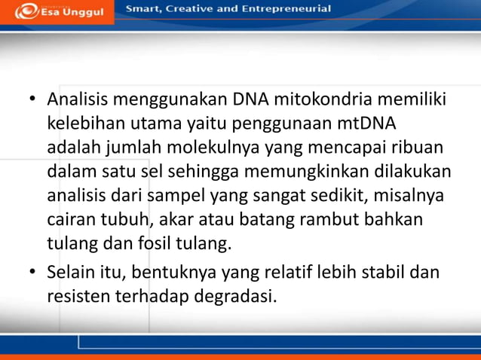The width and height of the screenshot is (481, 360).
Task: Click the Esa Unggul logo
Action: click(57, 11)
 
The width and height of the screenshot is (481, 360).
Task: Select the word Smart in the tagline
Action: click(144, 9)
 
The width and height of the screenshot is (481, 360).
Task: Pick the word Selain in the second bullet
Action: click(72, 272)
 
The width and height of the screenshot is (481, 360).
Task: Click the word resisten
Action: click(78, 296)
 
